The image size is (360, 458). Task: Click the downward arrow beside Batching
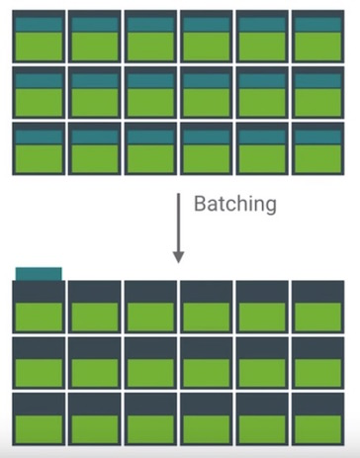[x=179, y=228]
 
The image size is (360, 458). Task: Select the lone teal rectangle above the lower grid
[x=39, y=274]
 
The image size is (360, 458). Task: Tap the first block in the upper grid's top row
[x=39, y=37]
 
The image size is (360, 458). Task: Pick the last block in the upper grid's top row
[x=318, y=37]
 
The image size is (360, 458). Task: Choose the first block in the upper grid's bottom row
[x=39, y=148]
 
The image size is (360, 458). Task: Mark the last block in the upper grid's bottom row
[x=318, y=148]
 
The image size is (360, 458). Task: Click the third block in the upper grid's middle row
[x=150, y=93]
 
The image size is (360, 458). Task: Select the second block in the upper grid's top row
[x=95, y=37]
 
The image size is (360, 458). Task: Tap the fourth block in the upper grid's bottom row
[x=207, y=148]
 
